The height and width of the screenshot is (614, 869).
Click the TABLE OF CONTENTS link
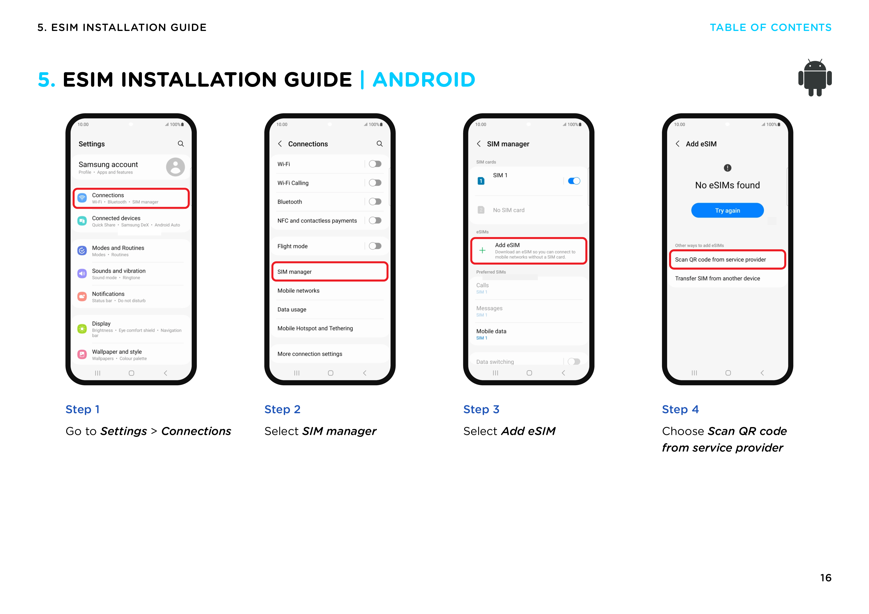[770, 28]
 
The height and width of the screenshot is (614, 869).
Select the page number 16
[825, 578]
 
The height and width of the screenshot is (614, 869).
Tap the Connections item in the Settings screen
[131, 198]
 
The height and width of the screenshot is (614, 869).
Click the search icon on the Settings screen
[181, 144]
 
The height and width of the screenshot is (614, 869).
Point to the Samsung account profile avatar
[175, 167]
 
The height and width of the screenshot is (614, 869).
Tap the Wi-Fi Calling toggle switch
[375, 183]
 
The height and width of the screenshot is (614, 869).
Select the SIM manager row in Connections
[330, 272]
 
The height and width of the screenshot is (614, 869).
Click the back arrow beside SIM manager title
[479, 144]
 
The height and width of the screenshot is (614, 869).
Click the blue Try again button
[727, 210]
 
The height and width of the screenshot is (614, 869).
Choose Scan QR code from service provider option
[727, 259]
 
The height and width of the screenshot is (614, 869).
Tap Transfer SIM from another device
[717, 279]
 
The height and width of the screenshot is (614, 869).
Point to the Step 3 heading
[481, 409]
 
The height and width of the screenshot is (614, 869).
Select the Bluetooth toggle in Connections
[375, 202]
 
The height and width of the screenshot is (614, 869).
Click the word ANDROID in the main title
[424, 79]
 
